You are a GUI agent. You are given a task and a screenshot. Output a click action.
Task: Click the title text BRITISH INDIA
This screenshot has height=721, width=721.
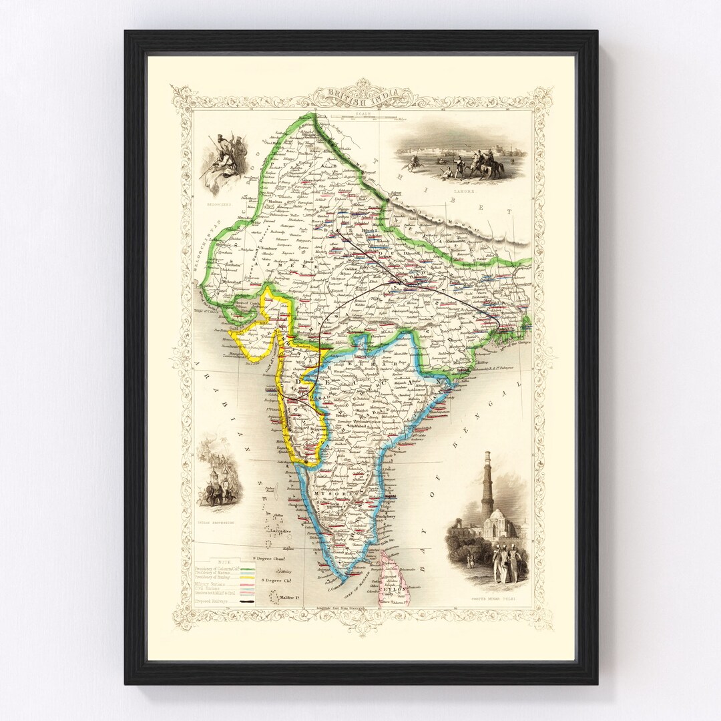tap(361, 95)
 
